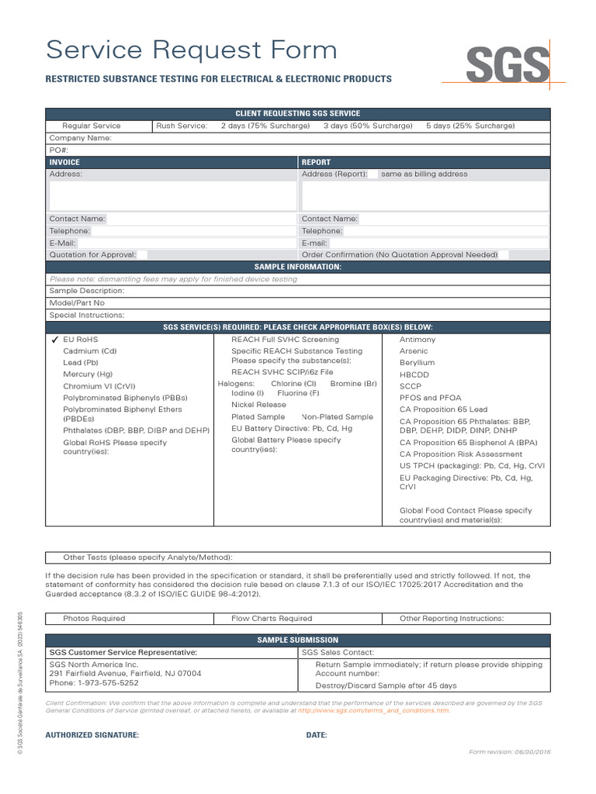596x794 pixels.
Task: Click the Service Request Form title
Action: [x=192, y=50]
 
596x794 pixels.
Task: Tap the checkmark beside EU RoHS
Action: [x=54, y=340]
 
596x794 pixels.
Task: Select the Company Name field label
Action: [x=81, y=138]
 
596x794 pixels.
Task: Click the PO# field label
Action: [x=60, y=150]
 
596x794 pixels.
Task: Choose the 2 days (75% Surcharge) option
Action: [x=265, y=126]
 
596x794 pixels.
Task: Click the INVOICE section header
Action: [x=64, y=162]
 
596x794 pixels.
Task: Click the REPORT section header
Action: [x=316, y=162]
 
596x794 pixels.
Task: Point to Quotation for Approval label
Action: [x=92, y=254]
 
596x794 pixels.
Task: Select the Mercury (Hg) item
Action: [x=88, y=374]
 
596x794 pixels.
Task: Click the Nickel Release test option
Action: [x=258, y=405]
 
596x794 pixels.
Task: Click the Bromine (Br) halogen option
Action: [x=353, y=384]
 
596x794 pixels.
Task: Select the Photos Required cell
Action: [x=94, y=618]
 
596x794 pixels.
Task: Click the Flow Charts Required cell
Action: [x=272, y=618]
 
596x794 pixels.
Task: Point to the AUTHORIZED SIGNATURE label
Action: [x=92, y=735]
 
